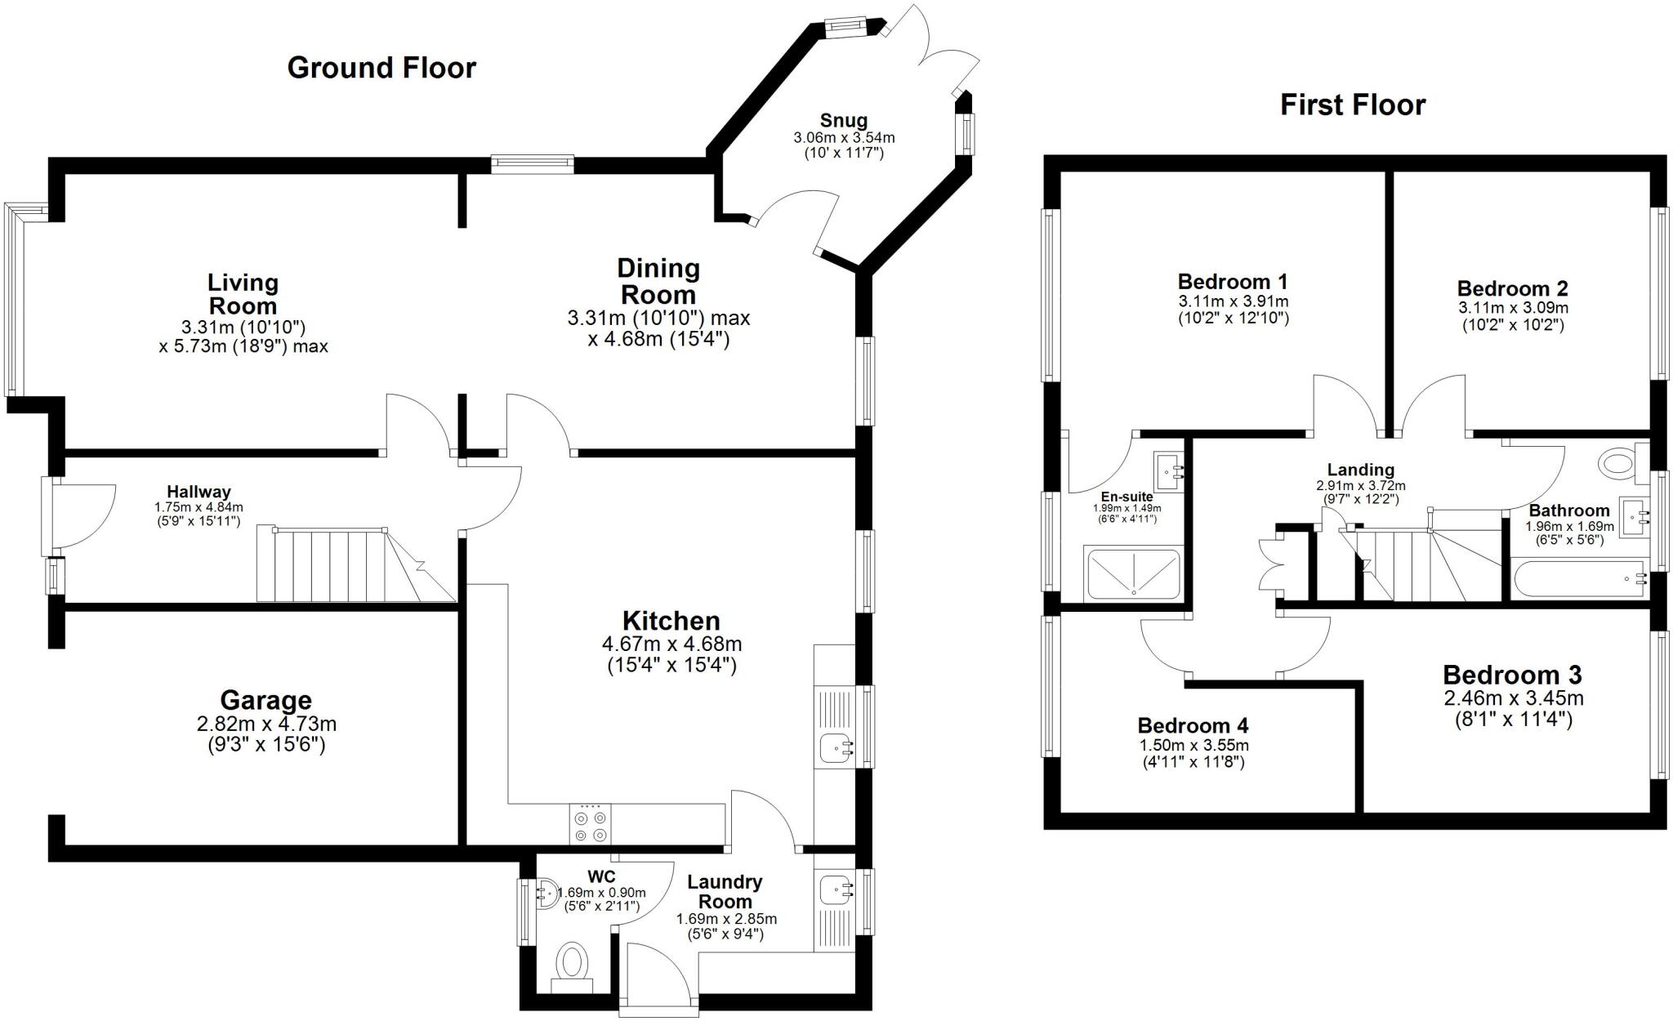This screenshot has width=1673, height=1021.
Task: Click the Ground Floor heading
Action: click(381, 68)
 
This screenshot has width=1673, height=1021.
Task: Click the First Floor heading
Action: click(1352, 105)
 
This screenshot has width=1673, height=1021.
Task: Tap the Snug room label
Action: click(844, 122)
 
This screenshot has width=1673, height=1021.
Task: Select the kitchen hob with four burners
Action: click(591, 825)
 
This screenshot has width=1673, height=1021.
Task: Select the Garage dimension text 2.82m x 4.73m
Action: click(266, 724)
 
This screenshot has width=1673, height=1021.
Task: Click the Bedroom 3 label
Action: click(1512, 675)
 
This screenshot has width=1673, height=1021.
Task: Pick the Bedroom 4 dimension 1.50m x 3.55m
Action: click(1193, 745)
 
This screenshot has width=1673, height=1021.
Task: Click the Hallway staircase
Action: click(351, 565)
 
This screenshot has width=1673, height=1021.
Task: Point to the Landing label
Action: click(1360, 470)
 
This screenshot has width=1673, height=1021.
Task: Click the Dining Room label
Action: click(658, 281)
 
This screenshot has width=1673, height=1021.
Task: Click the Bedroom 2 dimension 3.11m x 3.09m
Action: click(1513, 309)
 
